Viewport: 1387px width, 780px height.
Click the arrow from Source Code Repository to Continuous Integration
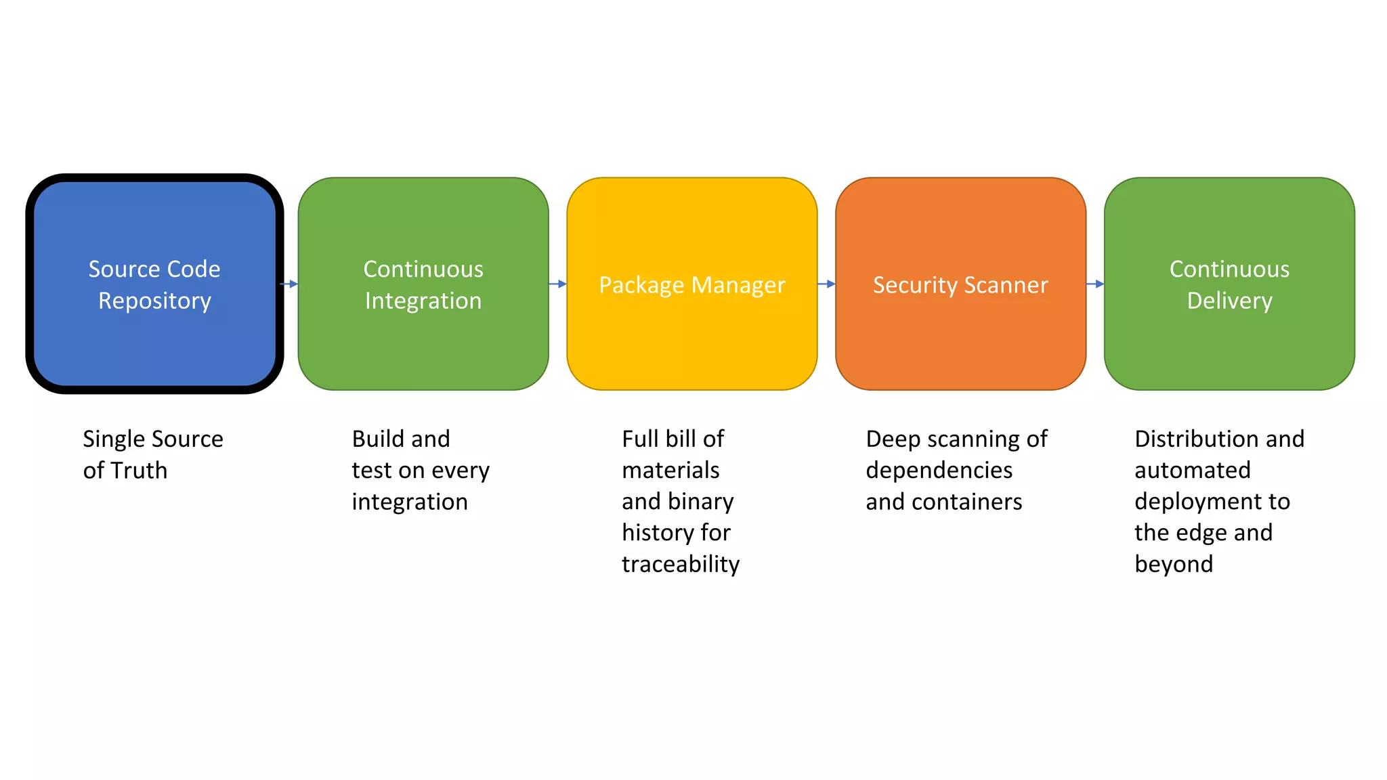point(289,284)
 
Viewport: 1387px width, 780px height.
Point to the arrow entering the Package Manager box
point(557,284)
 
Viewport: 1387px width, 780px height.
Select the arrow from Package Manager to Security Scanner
point(826,284)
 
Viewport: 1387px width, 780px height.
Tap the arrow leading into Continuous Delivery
point(1095,284)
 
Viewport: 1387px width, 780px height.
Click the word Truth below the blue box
point(139,471)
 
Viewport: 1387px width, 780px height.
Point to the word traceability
point(681,564)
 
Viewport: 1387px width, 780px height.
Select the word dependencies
point(939,471)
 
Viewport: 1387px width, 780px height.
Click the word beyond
point(1174,564)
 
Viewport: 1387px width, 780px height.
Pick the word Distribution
point(1190,439)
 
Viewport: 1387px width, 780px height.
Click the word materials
point(670,471)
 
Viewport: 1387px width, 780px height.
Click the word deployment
point(1193,502)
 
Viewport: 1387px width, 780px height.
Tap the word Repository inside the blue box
point(154,301)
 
